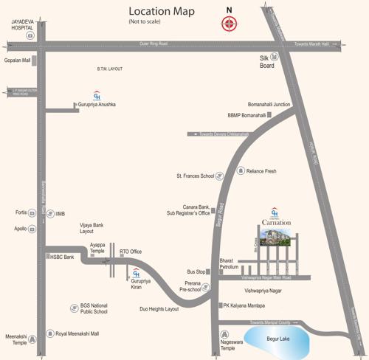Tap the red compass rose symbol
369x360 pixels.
click(229, 24)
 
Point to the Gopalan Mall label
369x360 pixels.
click(18, 60)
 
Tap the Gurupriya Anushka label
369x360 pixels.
click(98, 105)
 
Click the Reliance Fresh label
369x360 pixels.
click(261, 171)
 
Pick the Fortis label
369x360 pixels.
click(21, 212)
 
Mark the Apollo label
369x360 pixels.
click(20, 229)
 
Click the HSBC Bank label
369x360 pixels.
click(62, 257)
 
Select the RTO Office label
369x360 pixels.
click(131, 252)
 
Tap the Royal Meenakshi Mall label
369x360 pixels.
click(77, 333)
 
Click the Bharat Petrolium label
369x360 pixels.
click(230, 263)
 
